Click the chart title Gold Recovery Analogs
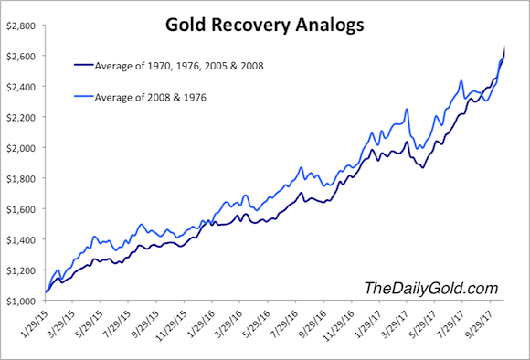pos(264,26)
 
